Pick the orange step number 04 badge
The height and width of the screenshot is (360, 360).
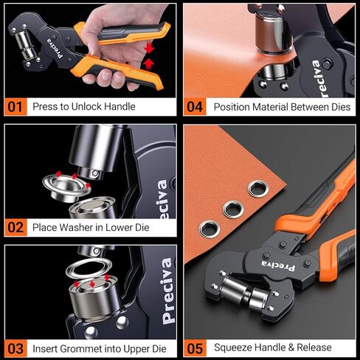(195, 106)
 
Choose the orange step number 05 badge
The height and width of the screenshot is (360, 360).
(195, 347)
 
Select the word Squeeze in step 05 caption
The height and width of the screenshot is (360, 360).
(234, 347)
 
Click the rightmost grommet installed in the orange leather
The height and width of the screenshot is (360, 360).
(257, 188)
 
